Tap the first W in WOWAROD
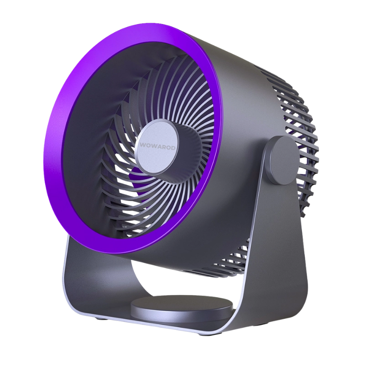coord(142,145)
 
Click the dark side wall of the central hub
coord(190,149)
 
